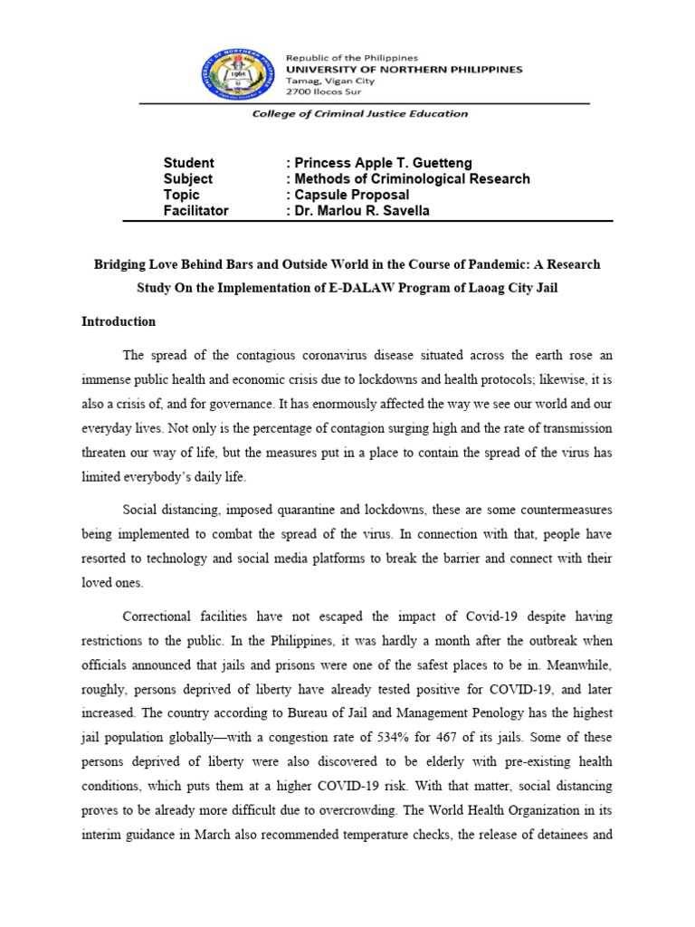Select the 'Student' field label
188,163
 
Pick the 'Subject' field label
187,179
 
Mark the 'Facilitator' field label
195,211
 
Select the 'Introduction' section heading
119,321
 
